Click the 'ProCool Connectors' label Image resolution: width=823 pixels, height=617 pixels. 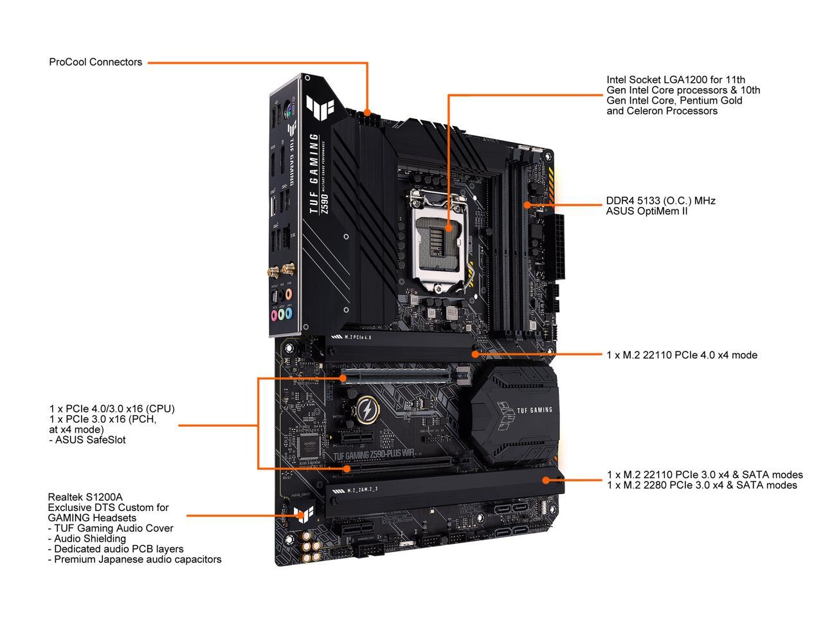pyautogui.click(x=95, y=62)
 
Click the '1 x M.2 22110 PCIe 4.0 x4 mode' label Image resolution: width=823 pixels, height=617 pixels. pyautogui.click(x=682, y=355)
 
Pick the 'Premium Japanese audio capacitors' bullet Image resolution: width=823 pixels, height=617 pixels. pyautogui.click(x=134, y=559)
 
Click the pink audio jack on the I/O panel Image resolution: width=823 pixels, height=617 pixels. pyautogui.click(x=273, y=315)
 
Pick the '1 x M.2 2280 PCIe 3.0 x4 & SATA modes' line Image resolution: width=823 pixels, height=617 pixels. pyautogui.click(x=701, y=485)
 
